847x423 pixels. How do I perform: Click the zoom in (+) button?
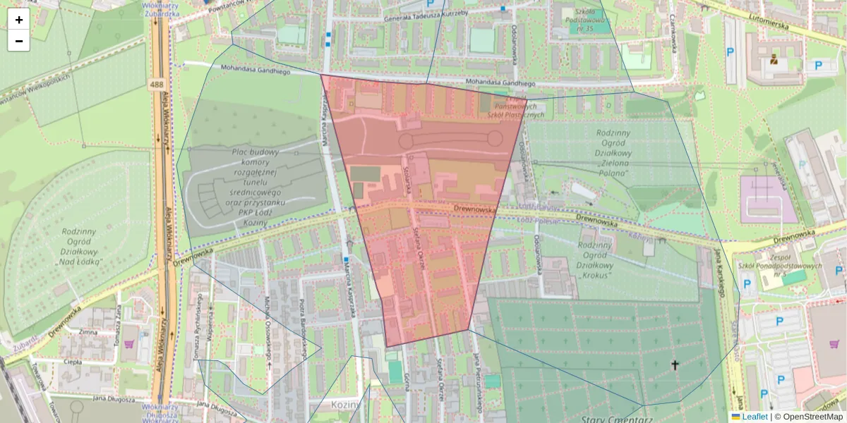click(19, 20)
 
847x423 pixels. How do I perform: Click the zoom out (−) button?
click(19, 41)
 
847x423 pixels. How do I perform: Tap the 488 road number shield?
click(157, 85)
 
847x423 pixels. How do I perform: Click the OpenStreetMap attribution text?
click(812, 417)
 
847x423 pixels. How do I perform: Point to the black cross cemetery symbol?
click(675, 364)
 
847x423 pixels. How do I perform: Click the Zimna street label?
click(88, 331)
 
